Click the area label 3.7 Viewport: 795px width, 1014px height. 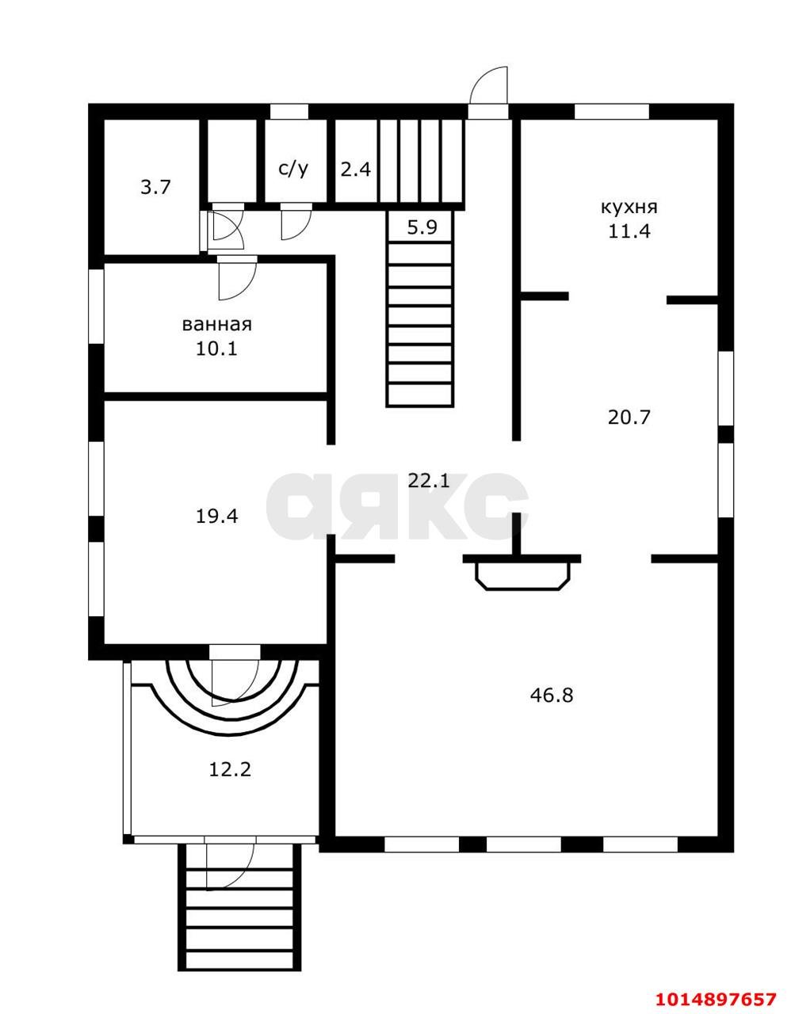tap(155, 188)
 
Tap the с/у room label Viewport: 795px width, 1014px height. tap(293, 168)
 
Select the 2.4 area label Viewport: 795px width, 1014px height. tap(356, 169)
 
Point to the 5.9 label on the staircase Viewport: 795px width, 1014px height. tap(422, 227)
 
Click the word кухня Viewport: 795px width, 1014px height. tap(629, 208)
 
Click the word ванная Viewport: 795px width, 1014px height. tap(216, 325)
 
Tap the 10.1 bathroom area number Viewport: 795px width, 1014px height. tap(216, 349)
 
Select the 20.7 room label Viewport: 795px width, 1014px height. tap(629, 417)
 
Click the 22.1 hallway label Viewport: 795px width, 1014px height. tap(429, 479)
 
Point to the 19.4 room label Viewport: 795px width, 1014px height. tap(216, 517)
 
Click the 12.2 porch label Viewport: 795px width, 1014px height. tap(230, 768)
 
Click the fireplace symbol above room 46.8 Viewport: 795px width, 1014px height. tap(522, 572)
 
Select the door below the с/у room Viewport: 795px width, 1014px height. tap(296, 222)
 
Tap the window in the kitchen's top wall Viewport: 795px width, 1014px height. tap(611, 112)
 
